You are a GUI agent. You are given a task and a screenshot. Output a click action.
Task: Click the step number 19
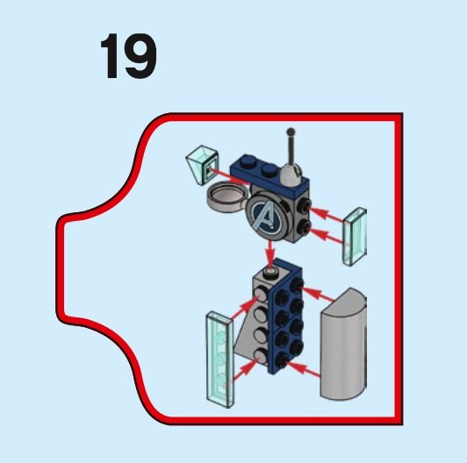pyautogui.click(x=129, y=56)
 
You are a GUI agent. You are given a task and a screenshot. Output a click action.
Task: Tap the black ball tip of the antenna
pyautogui.click(x=291, y=132)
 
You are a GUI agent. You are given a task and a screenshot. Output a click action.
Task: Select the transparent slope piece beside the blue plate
pyautogui.click(x=202, y=164)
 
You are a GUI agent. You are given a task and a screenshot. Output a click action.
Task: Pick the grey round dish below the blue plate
pyautogui.click(x=228, y=197)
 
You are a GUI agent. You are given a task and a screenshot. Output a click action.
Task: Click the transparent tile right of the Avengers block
pyautogui.click(x=355, y=236)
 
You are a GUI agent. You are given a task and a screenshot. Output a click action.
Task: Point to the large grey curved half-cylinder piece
pyautogui.click(x=343, y=344)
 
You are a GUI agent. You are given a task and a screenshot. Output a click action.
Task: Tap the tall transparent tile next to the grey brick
pyautogui.click(x=219, y=360)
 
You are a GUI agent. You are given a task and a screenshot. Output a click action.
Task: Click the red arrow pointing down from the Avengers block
pyautogui.click(x=270, y=252)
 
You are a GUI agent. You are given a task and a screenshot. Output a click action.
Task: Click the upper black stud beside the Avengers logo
pyautogui.click(x=305, y=204)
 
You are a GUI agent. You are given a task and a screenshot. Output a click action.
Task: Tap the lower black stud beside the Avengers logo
pyautogui.click(x=305, y=227)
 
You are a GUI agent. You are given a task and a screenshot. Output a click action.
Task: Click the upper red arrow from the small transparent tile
pyautogui.click(x=327, y=215)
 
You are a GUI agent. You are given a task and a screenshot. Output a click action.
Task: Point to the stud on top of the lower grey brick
pyautogui.click(x=271, y=272)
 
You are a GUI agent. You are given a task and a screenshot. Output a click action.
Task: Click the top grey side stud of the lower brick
pyautogui.click(x=261, y=293)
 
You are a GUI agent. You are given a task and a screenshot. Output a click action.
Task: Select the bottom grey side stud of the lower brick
pyautogui.click(x=261, y=356)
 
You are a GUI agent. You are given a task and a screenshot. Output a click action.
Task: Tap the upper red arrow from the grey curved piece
pyautogui.click(x=318, y=294)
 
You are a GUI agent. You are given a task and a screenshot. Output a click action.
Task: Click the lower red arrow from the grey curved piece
pyautogui.click(x=303, y=369)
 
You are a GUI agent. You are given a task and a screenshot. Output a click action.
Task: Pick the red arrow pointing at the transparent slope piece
pyautogui.click(x=229, y=177)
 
